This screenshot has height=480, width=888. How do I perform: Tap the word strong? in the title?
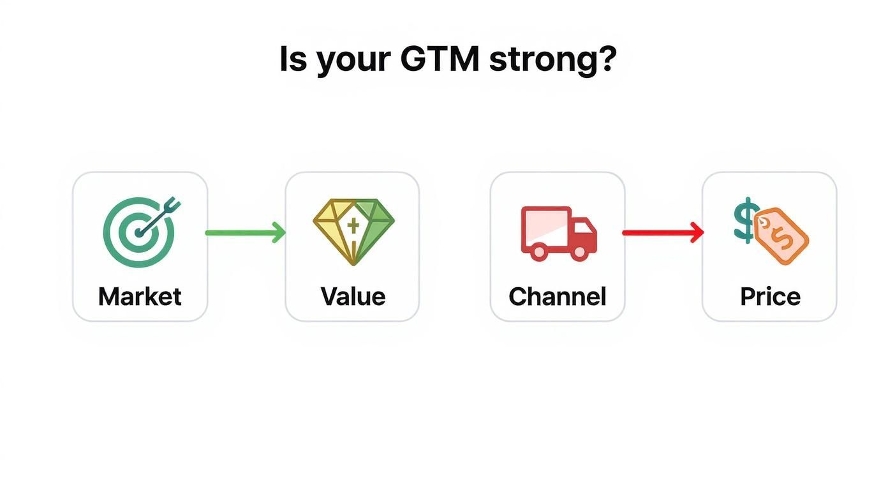pos(552,60)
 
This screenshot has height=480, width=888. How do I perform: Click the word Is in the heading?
pos(293,59)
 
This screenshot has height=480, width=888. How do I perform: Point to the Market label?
pos(140,297)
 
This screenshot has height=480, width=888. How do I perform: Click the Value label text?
pos(353,297)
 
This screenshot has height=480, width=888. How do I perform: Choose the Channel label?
pos(557,297)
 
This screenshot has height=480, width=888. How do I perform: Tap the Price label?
pos(770,297)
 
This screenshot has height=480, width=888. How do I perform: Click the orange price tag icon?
pos(781,235)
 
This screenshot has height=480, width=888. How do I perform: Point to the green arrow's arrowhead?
pos(279,233)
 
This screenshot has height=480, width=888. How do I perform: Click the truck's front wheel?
pos(580,251)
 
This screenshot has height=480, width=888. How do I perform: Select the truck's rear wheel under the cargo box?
pos(539,251)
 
